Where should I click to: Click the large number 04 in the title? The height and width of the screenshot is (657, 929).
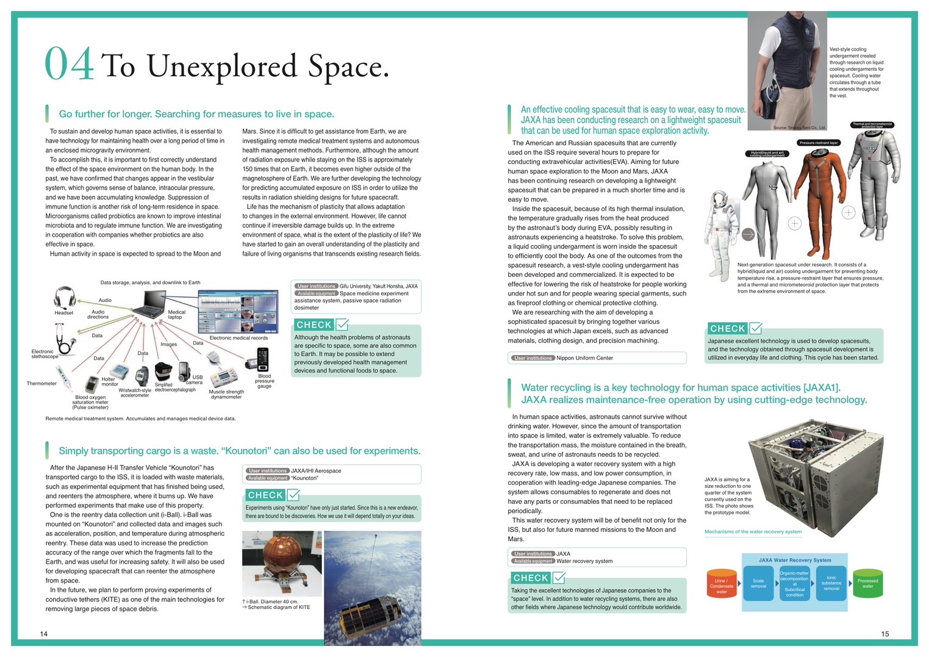pyautogui.click(x=70, y=65)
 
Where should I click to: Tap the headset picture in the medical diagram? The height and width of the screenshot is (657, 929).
pyautogui.click(x=63, y=298)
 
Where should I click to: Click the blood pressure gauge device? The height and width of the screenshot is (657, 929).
pyautogui.click(x=262, y=359)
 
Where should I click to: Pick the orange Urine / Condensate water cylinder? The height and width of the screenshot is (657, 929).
pyautogui.click(x=722, y=584)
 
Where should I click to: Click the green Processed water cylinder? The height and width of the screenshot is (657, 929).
pyautogui.click(x=867, y=584)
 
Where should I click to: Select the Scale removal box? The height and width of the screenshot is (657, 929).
pyautogui.click(x=758, y=584)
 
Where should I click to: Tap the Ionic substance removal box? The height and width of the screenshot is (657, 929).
pyautogui.click(x=831, y=584)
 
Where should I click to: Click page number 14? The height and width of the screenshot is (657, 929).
pyautogui.click(x=44, y=634)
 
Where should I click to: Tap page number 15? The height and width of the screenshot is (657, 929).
pyautogui.click(x=884, y=634)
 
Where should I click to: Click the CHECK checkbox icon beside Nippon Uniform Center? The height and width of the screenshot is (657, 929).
pyautogui.click(x=755, y=328)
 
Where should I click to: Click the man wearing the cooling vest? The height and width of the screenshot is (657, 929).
pyautogui.click(x=787, y=67)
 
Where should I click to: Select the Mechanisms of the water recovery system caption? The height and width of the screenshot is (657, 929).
pyautogui.click(x=753, y=532)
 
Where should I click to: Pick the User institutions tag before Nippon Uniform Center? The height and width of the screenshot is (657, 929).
pyautogui.click(x=533, y=358)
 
